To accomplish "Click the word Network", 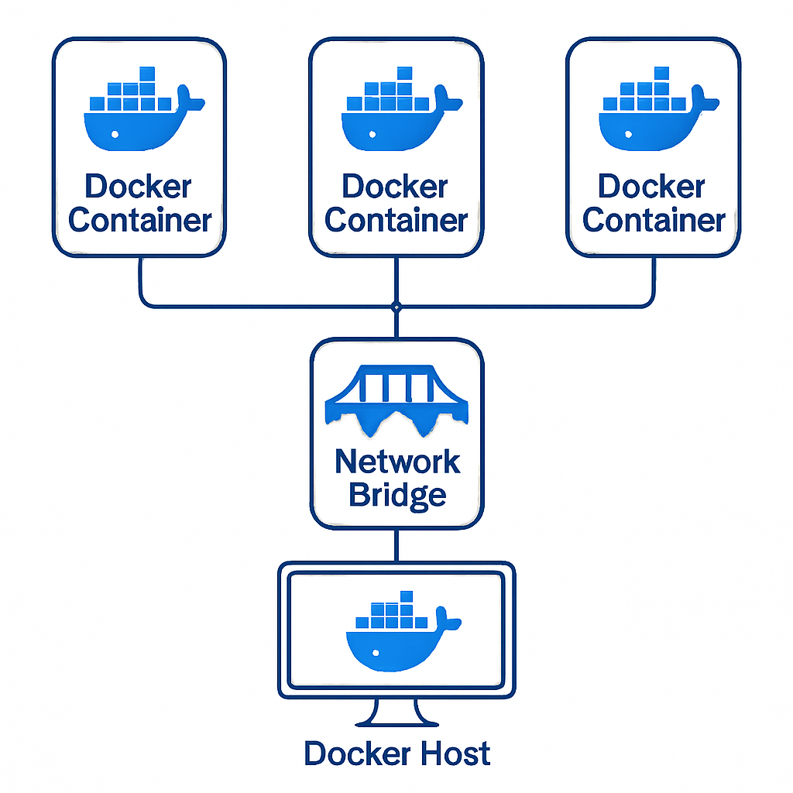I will (397, 462).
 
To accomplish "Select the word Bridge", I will (397, 494).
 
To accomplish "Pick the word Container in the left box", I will (140, 220).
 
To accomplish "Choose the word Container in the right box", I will (654, 220).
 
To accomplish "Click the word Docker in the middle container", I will (395, 187).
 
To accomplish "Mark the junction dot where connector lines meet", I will (396, 307).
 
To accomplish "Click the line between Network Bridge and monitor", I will (396, 545).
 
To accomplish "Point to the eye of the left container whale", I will (115, 134).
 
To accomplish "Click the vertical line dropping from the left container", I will (141, 280).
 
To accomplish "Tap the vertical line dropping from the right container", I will (653, 280).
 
